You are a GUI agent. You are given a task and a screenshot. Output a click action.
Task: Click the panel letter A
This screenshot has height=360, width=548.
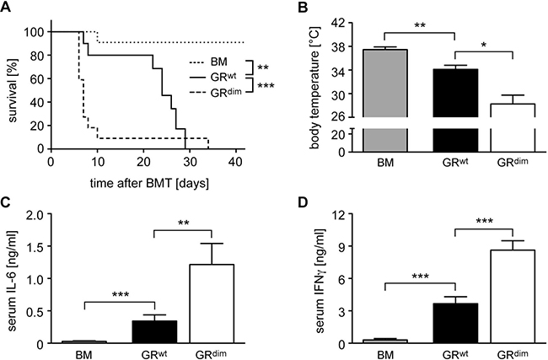(x=7, y=7)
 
